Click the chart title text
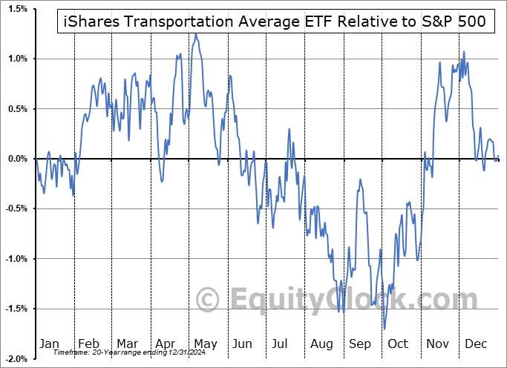(x=272, y=22)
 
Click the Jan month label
(x=49, y=344)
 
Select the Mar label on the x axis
(x=127, y=344)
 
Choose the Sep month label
(x=359, y=344)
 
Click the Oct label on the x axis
(x=398, y=344)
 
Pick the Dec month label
(x=476, y=344)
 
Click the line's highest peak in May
(x=196, y=33)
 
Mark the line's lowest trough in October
(x=385, y=329)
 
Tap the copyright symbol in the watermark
(x=208, y=300)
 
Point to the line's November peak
(x=465, y=51)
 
